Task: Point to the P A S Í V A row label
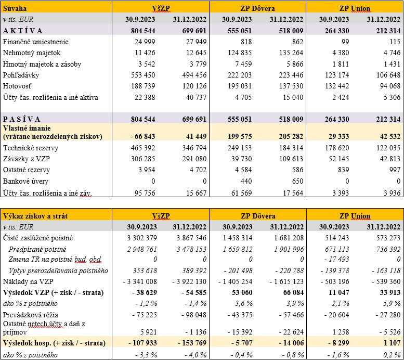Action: [22, 118]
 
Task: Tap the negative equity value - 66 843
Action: [143, 136]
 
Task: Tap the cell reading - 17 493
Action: [332, 260]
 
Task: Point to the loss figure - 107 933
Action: [138, 343]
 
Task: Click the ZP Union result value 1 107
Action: [390, 343]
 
